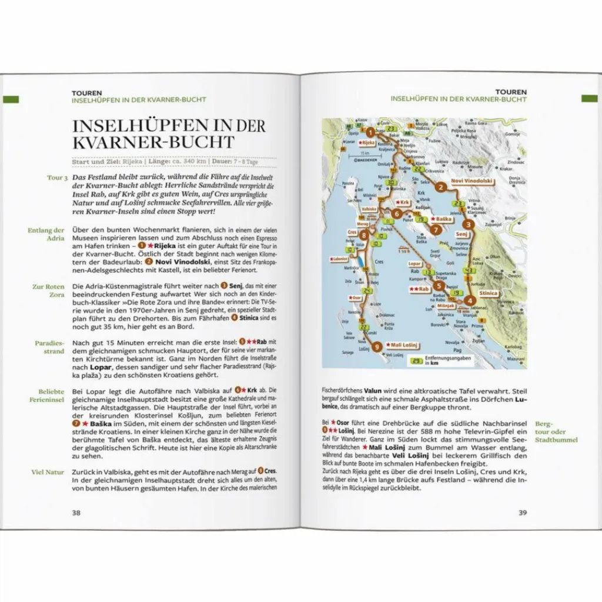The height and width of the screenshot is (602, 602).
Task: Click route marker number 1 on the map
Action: click(370, 132)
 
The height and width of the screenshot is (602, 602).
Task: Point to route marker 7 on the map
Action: click(435, 230)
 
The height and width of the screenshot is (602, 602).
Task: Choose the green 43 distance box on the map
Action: click(468, 270)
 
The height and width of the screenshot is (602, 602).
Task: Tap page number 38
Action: click(76, 513)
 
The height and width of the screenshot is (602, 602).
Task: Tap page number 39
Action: click(522, 513)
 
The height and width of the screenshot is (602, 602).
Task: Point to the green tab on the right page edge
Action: click(589, 98)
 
